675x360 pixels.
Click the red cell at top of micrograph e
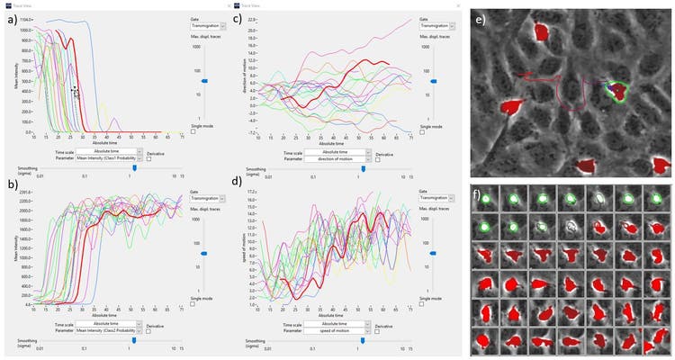(542, 32)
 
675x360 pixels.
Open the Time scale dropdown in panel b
(110, 325)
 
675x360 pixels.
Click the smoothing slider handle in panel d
(363, 340)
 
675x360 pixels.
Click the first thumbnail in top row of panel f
(486, 199)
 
